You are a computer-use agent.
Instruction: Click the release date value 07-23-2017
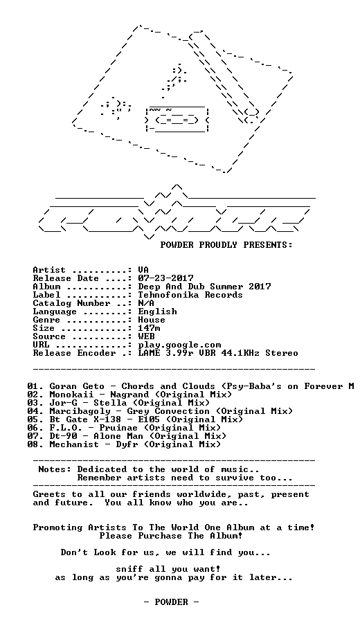click(165, 278)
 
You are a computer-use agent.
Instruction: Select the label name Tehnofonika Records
click(190, 295)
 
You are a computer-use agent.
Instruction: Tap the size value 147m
click(150, 328)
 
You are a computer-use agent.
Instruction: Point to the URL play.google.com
click(179, 345)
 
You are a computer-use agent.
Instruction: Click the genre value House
click(152, 320)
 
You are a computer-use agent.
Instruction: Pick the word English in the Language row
click(158, 311)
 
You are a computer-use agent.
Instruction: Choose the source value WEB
click(147, 336)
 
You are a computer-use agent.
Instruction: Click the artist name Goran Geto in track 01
click(77, 386)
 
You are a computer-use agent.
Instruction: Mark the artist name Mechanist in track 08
click(74, 444)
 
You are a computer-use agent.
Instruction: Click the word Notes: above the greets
click(55, 469)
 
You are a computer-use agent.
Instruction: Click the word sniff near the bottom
click(129, 570)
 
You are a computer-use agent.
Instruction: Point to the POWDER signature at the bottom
click(171, 602)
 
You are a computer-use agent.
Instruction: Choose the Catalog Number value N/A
click(147, 303)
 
